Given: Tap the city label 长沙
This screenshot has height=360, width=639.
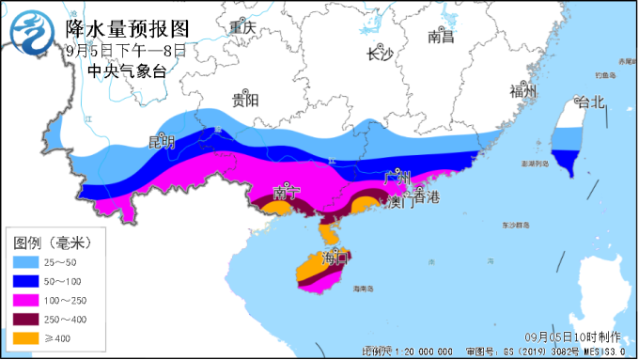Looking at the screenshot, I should tap(379, 54).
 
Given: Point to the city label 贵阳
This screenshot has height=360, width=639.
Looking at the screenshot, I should tap(246, 101).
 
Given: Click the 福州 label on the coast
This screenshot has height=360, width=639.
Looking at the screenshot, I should tap(522, 91).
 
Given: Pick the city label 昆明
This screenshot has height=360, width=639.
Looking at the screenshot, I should tap(162, 142).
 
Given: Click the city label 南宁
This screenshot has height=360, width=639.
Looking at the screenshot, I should tap(287, 193).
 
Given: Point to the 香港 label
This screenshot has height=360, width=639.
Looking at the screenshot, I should tap(426, 197).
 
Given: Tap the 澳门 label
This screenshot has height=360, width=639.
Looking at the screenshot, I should tap(401, 202).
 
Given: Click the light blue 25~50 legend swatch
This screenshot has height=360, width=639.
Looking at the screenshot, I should tap(27, 260).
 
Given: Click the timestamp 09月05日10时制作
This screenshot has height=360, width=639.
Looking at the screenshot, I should tap(576, 336).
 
